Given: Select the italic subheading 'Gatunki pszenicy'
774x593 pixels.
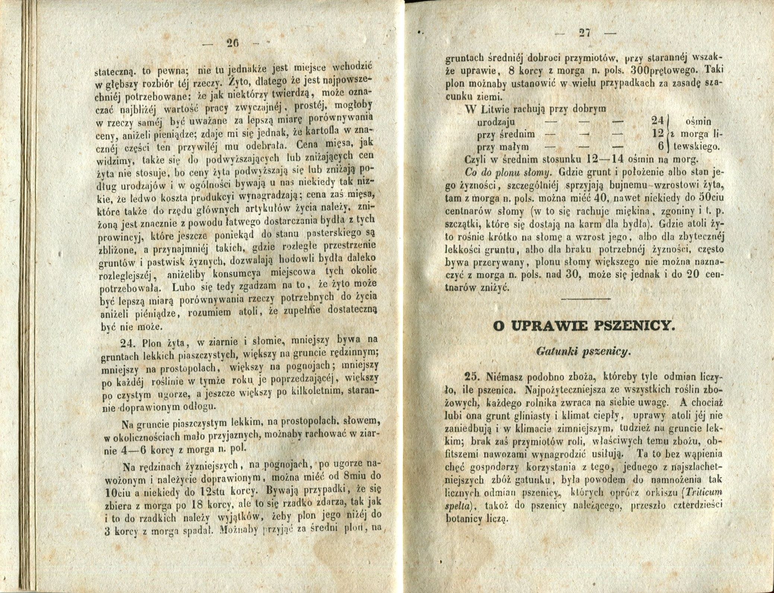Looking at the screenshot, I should pos(584,351).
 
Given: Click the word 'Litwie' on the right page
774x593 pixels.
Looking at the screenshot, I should pos(496,110).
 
